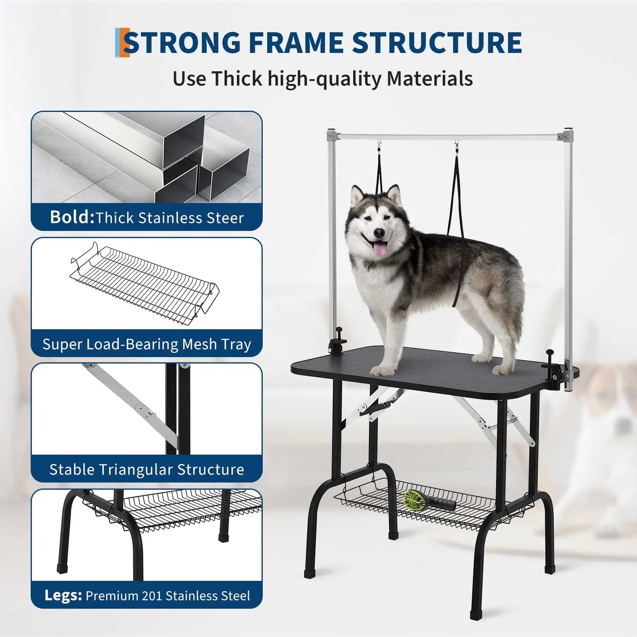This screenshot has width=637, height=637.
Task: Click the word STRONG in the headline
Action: tap(182, 43)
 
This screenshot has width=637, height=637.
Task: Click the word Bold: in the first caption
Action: tap(72, 217)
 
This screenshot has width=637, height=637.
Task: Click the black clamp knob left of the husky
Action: tap(339, 331)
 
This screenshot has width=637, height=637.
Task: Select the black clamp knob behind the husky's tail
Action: tap(550, 354)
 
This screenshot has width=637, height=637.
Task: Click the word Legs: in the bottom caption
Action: tap(63, 596)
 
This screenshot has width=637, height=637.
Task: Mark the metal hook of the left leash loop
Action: tap(379, 145)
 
